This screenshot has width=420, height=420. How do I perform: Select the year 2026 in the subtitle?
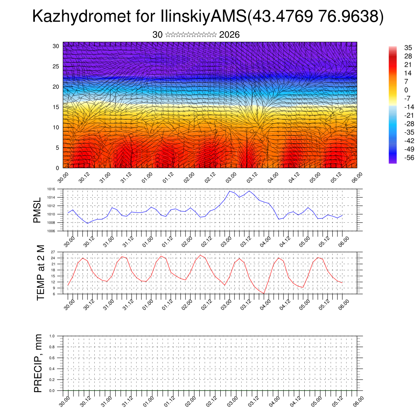[x=229, y=35]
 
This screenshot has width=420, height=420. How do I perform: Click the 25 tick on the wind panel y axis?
[x=56, y=66]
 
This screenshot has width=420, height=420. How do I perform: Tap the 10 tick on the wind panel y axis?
[x=56, y=127]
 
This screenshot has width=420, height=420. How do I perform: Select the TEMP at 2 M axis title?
[x=40, y=273]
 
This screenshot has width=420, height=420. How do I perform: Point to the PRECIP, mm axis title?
[x=38, y=363]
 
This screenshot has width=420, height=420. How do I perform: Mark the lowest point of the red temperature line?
[x=264, y=293]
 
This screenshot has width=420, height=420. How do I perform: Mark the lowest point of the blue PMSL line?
[x=87, y=223]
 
